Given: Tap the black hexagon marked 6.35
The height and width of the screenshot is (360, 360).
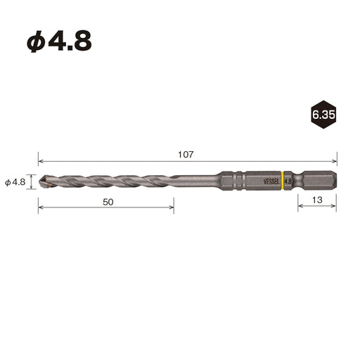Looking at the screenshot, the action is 323,115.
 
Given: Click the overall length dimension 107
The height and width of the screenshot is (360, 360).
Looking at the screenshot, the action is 186,155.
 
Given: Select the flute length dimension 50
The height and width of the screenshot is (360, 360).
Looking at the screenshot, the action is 108,202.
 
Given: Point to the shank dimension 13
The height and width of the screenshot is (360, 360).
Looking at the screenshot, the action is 317,200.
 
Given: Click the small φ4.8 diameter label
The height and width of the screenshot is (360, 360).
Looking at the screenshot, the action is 15,182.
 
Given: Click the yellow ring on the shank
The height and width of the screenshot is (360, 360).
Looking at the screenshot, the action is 283,181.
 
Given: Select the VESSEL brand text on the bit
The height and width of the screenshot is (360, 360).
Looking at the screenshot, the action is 271,181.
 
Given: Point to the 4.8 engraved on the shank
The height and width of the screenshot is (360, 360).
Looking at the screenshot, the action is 288,181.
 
